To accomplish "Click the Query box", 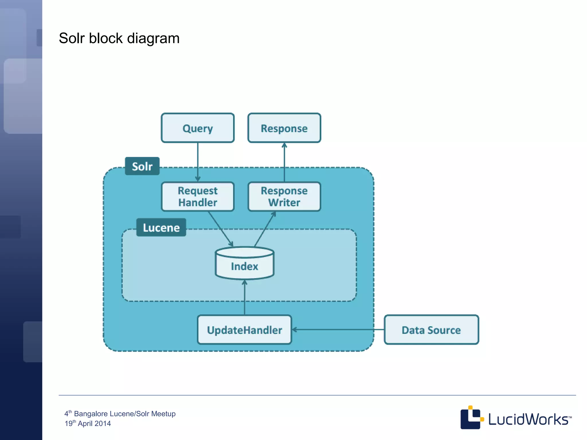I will (x=197, y=128).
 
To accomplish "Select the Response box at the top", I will (x=284, y=128).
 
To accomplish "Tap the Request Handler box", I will (x=197, y=197).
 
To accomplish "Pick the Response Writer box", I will (x=284, y=197).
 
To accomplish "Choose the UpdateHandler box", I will (x=244, y=330).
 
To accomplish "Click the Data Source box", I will (x=431, y=330).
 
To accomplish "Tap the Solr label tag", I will (x=142, y=166).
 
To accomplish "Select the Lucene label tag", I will (x=161, y=227).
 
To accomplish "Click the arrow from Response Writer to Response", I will (x=284, y=162).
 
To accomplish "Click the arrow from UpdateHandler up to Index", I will (x=244, y=298).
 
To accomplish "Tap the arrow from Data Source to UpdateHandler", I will (x=338, y=330).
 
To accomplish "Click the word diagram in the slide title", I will (x=153, y=38).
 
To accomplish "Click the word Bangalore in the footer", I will (x=91, y=414).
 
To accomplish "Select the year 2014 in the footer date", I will (x=103, y=423).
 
